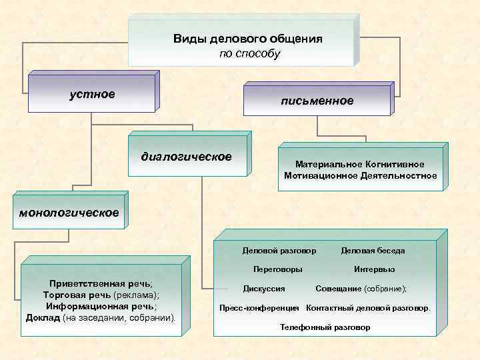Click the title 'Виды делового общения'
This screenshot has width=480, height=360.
[248, 39]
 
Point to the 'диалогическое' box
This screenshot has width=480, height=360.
[186, 157]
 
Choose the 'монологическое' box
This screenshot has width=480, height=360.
[69, 213]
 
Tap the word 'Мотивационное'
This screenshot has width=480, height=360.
[317, 176]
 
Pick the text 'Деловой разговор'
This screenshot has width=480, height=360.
[279, 251]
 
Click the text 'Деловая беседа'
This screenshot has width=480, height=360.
[373, 251]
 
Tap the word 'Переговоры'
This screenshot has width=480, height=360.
[279, 269]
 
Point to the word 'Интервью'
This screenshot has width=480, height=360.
[375, 269]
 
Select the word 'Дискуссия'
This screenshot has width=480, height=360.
[265, 289]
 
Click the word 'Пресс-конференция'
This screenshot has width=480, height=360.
[259, 309]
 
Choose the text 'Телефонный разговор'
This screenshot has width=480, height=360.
[325, 328]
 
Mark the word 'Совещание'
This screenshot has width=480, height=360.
[338, 289]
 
